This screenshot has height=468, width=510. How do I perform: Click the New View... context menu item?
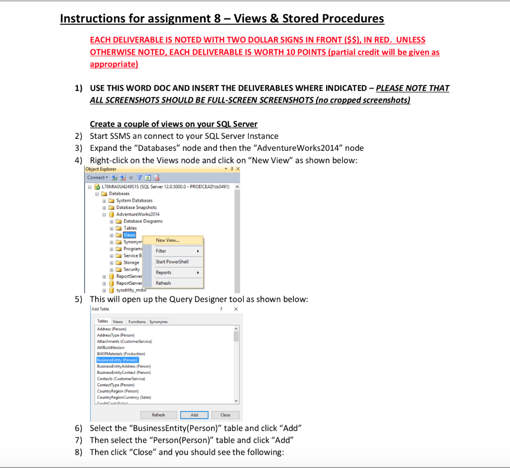click(167, 240)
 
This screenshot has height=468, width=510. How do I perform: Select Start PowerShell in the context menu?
click(172, 262)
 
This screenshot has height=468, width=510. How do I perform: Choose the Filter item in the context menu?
click(161, 251)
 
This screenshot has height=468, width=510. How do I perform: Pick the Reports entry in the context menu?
click(163, 273)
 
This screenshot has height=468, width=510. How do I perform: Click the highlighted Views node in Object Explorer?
click(129, 235)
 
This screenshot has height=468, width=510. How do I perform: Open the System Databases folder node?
click(134, 201)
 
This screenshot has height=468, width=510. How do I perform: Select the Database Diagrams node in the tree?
click(142, 221)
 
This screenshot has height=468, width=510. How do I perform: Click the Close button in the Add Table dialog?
click(225, 415)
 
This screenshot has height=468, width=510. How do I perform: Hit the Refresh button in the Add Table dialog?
click(158, 415)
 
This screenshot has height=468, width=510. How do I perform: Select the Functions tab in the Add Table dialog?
click(137, 322)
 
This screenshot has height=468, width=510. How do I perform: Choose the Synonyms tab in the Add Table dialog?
click(158, 322)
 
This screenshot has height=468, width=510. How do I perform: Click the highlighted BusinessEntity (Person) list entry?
click(118, 360)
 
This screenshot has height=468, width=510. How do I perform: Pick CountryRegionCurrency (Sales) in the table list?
click(124, 397)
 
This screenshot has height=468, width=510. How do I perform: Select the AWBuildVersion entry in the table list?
click(111, 348)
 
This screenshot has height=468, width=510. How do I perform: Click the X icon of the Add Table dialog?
click(236, 309)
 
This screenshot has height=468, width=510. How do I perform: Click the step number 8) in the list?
click(78, 453)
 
